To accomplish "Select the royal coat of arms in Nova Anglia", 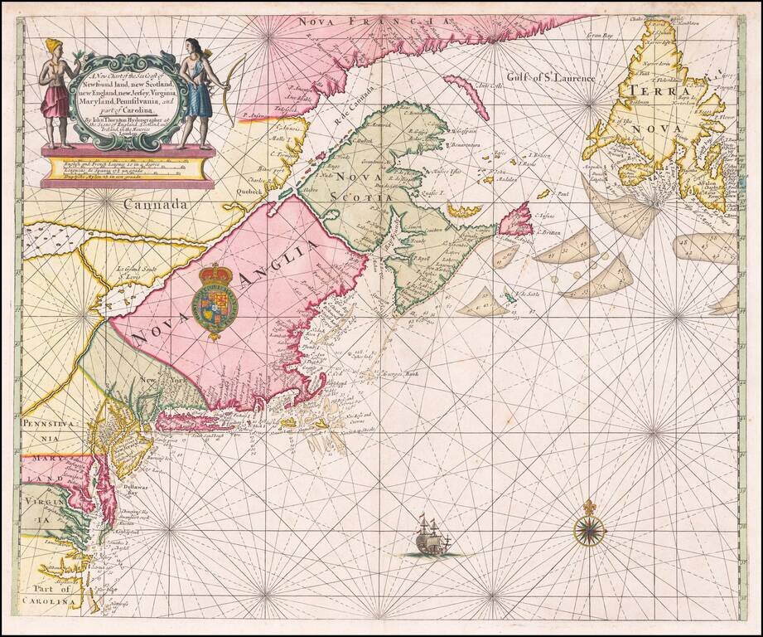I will click(x=217, y=303).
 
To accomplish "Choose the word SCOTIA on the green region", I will click(x=361, y=197).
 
